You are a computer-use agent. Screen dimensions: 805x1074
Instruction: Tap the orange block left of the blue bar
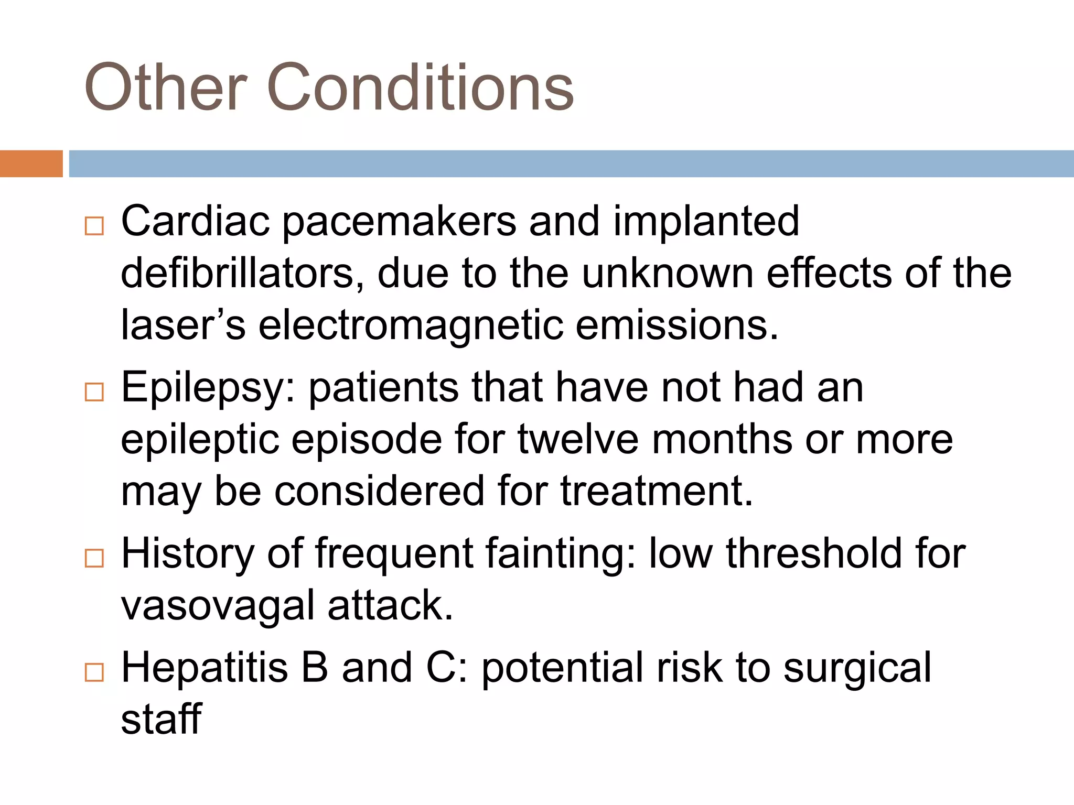click(31, 164)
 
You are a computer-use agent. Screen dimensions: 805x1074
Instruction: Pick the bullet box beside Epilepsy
click(94, 391)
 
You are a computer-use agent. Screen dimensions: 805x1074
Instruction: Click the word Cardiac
click(196, 221)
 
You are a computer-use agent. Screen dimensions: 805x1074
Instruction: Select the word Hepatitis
click(205, 668)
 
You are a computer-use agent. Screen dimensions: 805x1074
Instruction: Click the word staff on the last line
click(162, 719)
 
